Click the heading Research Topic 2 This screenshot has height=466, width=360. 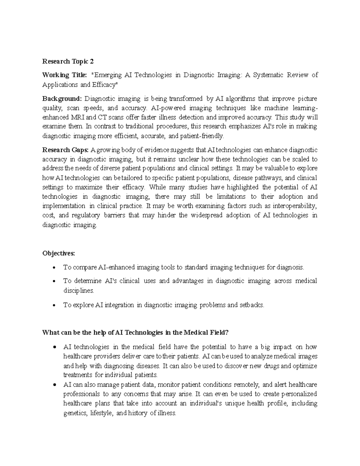68,62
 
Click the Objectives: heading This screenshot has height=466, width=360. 58,253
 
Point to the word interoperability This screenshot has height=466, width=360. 293,206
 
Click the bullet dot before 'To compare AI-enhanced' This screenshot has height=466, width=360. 54,268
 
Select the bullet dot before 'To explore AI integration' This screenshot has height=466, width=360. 54,305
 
